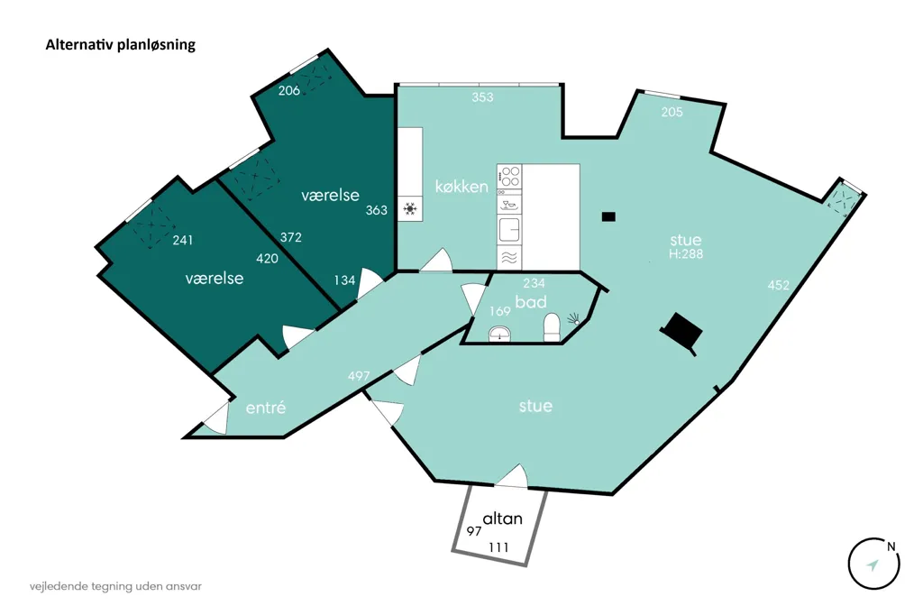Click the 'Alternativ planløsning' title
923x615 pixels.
click(121, 45)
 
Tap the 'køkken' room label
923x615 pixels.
click(461, 187)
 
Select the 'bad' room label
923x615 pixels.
click(531, 302)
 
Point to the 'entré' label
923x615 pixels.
click(266, 408)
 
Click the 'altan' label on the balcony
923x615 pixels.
click(503, 519)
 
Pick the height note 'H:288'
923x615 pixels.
click(686, 254)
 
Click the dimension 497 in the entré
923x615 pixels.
click(359, 376)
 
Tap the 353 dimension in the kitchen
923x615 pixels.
click(482, 97)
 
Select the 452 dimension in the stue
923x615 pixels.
click(778, 285)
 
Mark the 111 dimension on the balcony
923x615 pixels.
click(498, 548)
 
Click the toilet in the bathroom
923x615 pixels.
click(552, 327)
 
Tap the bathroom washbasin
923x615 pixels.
click(499, 334)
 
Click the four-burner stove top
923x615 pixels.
click(509, 176)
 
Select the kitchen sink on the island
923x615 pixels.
click(509, 230)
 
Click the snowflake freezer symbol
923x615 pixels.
click(410, 208)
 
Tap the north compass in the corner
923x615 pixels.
click(874, 564)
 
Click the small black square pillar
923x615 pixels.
click(608, 216)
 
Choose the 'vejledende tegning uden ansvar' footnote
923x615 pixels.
click(115, 587)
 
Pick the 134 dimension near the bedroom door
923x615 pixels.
click(344, 280)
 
